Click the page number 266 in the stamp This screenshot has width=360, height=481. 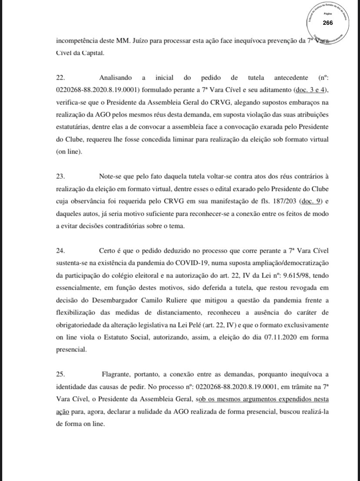(x=328, y=23)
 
